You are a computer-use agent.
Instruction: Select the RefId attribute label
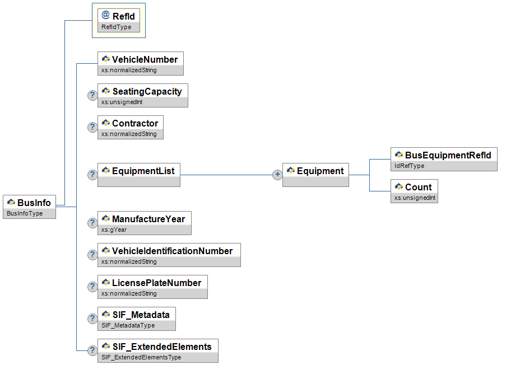(123, 16)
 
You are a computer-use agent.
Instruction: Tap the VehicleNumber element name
(145, 59)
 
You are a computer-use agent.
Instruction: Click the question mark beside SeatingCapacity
(92, 95)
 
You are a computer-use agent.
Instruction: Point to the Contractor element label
(135, 123)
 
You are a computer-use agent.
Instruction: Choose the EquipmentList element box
(139, 175)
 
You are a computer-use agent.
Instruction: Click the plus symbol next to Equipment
(277, 175)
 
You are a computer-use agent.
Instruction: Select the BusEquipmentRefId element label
(448, 155)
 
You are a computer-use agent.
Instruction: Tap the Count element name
(418, 187)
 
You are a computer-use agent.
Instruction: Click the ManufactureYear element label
(148, 219)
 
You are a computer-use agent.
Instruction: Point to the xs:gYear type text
(114, 230)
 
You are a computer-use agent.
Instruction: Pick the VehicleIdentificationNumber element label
(172, 251)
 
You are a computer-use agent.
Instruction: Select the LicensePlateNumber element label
(156, 283)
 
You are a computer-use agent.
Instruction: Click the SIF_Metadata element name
(141, 315)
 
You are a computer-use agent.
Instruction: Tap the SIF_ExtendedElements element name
(162, 347)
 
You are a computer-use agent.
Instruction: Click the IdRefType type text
(410, 166)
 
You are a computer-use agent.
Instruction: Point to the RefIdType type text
(117, 27)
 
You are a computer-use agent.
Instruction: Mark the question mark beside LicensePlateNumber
(92, 287)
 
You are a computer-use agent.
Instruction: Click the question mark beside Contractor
(92, 127)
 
